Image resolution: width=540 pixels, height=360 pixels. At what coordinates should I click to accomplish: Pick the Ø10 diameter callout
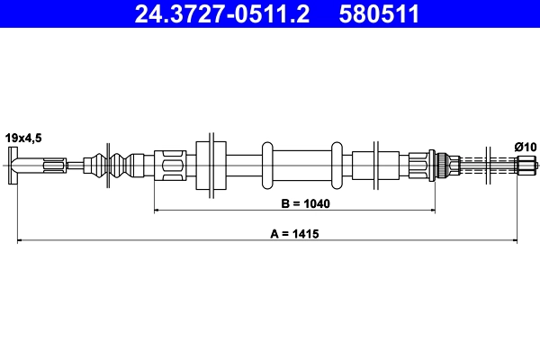click(525, 147)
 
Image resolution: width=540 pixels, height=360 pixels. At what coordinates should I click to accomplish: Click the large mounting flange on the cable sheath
click(210, 165)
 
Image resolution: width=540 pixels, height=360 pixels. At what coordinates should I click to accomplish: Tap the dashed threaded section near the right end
click(486, 165)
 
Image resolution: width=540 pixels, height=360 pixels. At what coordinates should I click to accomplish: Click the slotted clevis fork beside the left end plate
click(52, 165)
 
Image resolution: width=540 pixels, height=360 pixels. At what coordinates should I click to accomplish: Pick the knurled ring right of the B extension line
click(443, 165)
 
